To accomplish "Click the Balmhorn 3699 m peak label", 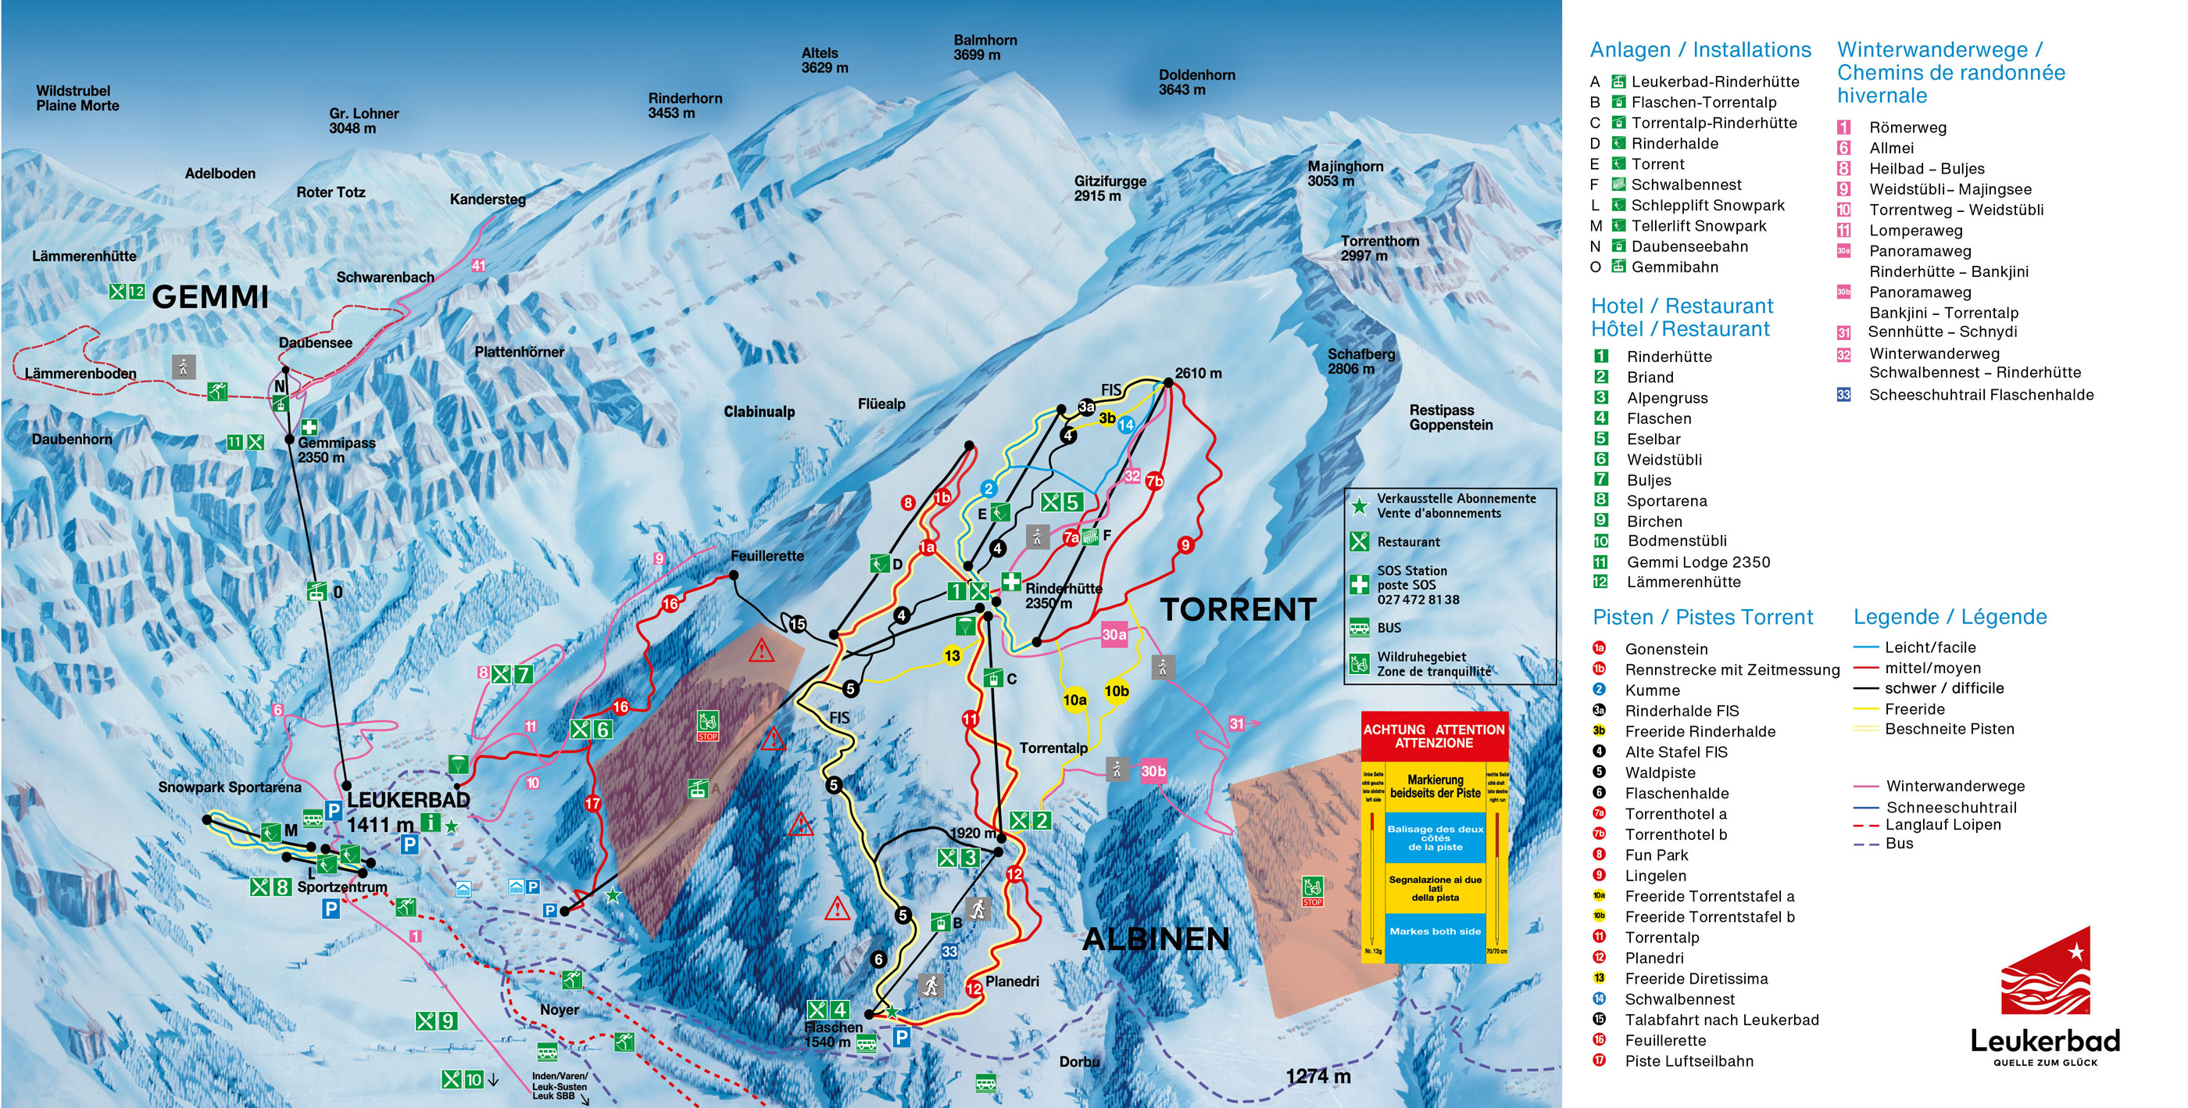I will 985,48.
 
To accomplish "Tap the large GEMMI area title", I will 209,297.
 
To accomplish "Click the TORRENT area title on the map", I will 1238,609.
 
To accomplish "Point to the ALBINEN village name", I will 1156,939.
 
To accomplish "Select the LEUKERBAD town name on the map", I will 409,800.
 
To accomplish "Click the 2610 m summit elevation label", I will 1199,373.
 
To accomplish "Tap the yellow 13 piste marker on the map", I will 952,656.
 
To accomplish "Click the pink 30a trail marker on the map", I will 1114,635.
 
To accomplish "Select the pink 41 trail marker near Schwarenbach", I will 479,265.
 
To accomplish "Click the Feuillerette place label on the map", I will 767,556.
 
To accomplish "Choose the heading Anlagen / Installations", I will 1700,50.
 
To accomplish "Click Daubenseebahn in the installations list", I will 1689,246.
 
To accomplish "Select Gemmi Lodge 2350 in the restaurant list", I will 1698,561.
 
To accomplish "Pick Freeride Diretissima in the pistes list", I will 1696,979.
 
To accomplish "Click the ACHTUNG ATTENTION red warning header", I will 1434,736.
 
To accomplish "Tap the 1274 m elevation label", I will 1317,1076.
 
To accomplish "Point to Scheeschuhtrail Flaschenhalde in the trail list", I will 1981,394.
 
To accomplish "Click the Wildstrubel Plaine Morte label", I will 77,98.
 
